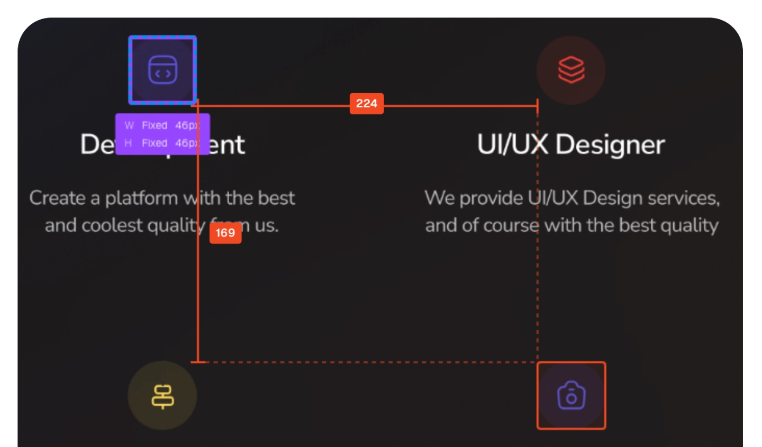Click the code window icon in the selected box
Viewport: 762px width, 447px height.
pos(162,70)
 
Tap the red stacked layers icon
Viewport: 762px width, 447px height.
pos(571,70)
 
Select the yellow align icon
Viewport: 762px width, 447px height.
pos(162,396)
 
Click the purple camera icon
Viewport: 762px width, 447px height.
pos(571,396)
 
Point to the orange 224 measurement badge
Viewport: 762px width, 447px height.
pos(367,104)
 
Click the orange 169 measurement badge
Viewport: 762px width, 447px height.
pos(225,233)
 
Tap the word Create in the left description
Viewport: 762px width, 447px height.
pos(57,198)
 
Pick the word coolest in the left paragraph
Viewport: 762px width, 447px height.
pos(112,226)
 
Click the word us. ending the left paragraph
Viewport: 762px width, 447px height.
pos(267,226)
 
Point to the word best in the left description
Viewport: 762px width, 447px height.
pos(276,198)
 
